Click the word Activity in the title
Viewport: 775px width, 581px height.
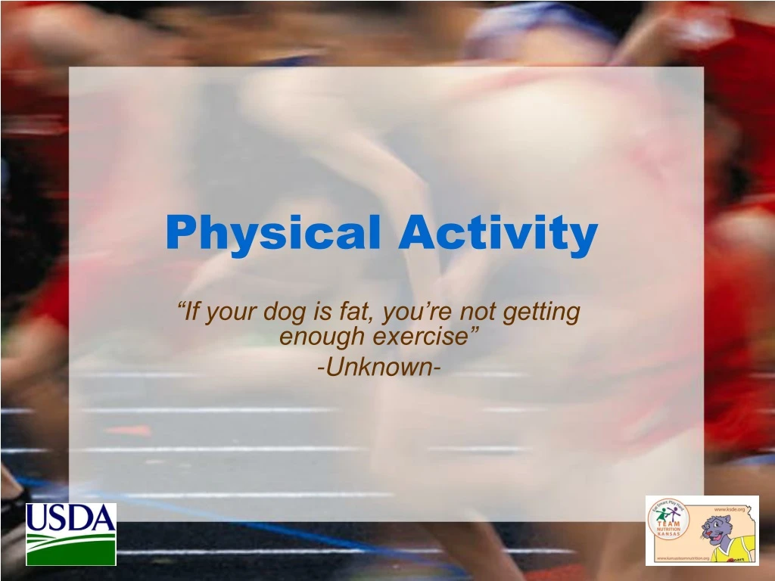[498, 233]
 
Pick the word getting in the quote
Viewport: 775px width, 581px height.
[544, 312]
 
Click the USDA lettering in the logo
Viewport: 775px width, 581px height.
[70, 518]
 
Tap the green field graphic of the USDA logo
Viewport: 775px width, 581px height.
[70, 548]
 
